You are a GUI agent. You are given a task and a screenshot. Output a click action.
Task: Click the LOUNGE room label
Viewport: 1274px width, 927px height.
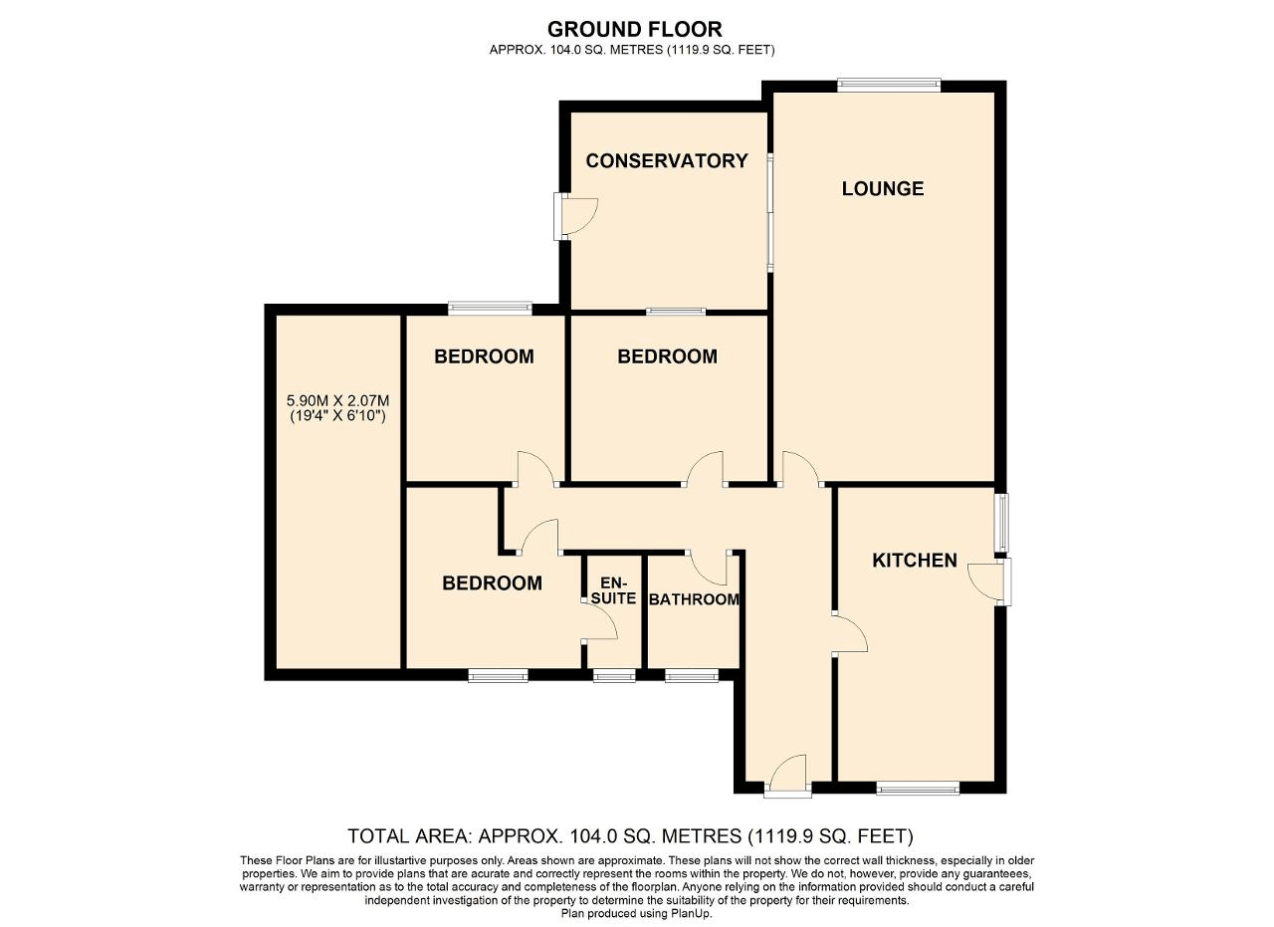click(x=882, y=188)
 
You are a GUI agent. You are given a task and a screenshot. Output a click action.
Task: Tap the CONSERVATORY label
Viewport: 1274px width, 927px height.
click(x=666, y=160)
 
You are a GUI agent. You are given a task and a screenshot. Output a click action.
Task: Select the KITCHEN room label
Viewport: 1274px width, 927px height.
click(x=914, y=561)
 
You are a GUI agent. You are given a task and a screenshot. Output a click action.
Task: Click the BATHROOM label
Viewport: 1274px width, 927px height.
click(x=694, y=599)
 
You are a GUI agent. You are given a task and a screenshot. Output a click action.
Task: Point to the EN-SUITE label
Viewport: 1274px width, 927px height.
click(x=613, y=590)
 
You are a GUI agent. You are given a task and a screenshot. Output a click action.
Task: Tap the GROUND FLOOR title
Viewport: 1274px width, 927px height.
click(x=634, y=29)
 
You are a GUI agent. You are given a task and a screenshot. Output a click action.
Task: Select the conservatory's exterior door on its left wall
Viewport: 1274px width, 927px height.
click(x=575, y=216)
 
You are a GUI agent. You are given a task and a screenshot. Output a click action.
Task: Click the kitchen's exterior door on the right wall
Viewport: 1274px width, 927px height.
click(x=992, y=581)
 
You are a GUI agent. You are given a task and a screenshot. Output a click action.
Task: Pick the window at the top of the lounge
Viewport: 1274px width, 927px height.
click(x=889, y=86)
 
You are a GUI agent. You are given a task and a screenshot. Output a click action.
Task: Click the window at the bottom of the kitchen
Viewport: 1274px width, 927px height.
click(x=918, y=789)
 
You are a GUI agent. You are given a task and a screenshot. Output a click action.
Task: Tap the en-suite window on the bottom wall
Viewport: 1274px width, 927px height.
click(x=613, y=676)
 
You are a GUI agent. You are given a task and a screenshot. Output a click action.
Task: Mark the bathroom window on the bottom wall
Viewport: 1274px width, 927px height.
click(x=691, y=676)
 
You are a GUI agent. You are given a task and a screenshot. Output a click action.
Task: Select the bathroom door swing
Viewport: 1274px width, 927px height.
click(x=711, y=568)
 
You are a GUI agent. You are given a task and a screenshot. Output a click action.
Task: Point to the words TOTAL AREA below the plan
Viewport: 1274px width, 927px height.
click(x=409, y=835)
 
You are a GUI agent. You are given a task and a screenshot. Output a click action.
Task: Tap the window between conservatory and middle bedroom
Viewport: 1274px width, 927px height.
click(x=676, y=312)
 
